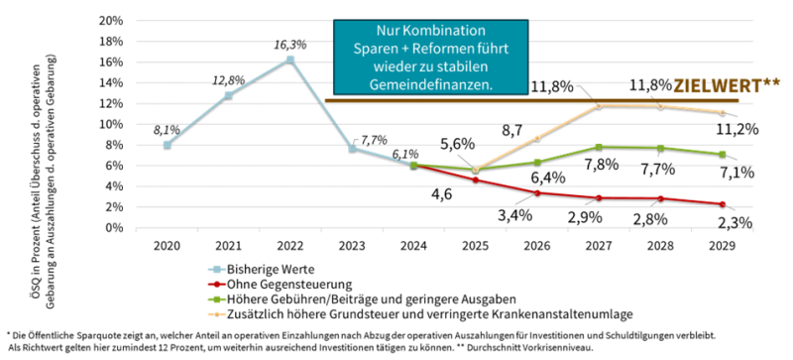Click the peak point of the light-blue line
point(290,59)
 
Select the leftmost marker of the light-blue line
point(168,144)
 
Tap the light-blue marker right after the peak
point(352,148)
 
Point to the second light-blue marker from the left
point(228,95)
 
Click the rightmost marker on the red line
point(723,203)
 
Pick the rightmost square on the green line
point(723,154)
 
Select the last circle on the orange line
point(723,111)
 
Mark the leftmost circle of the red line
point(476,180)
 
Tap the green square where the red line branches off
point(413,165)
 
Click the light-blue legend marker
point(216,269)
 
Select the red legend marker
point(216,285)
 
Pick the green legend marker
point(216,300)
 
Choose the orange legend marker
point(216,314)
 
